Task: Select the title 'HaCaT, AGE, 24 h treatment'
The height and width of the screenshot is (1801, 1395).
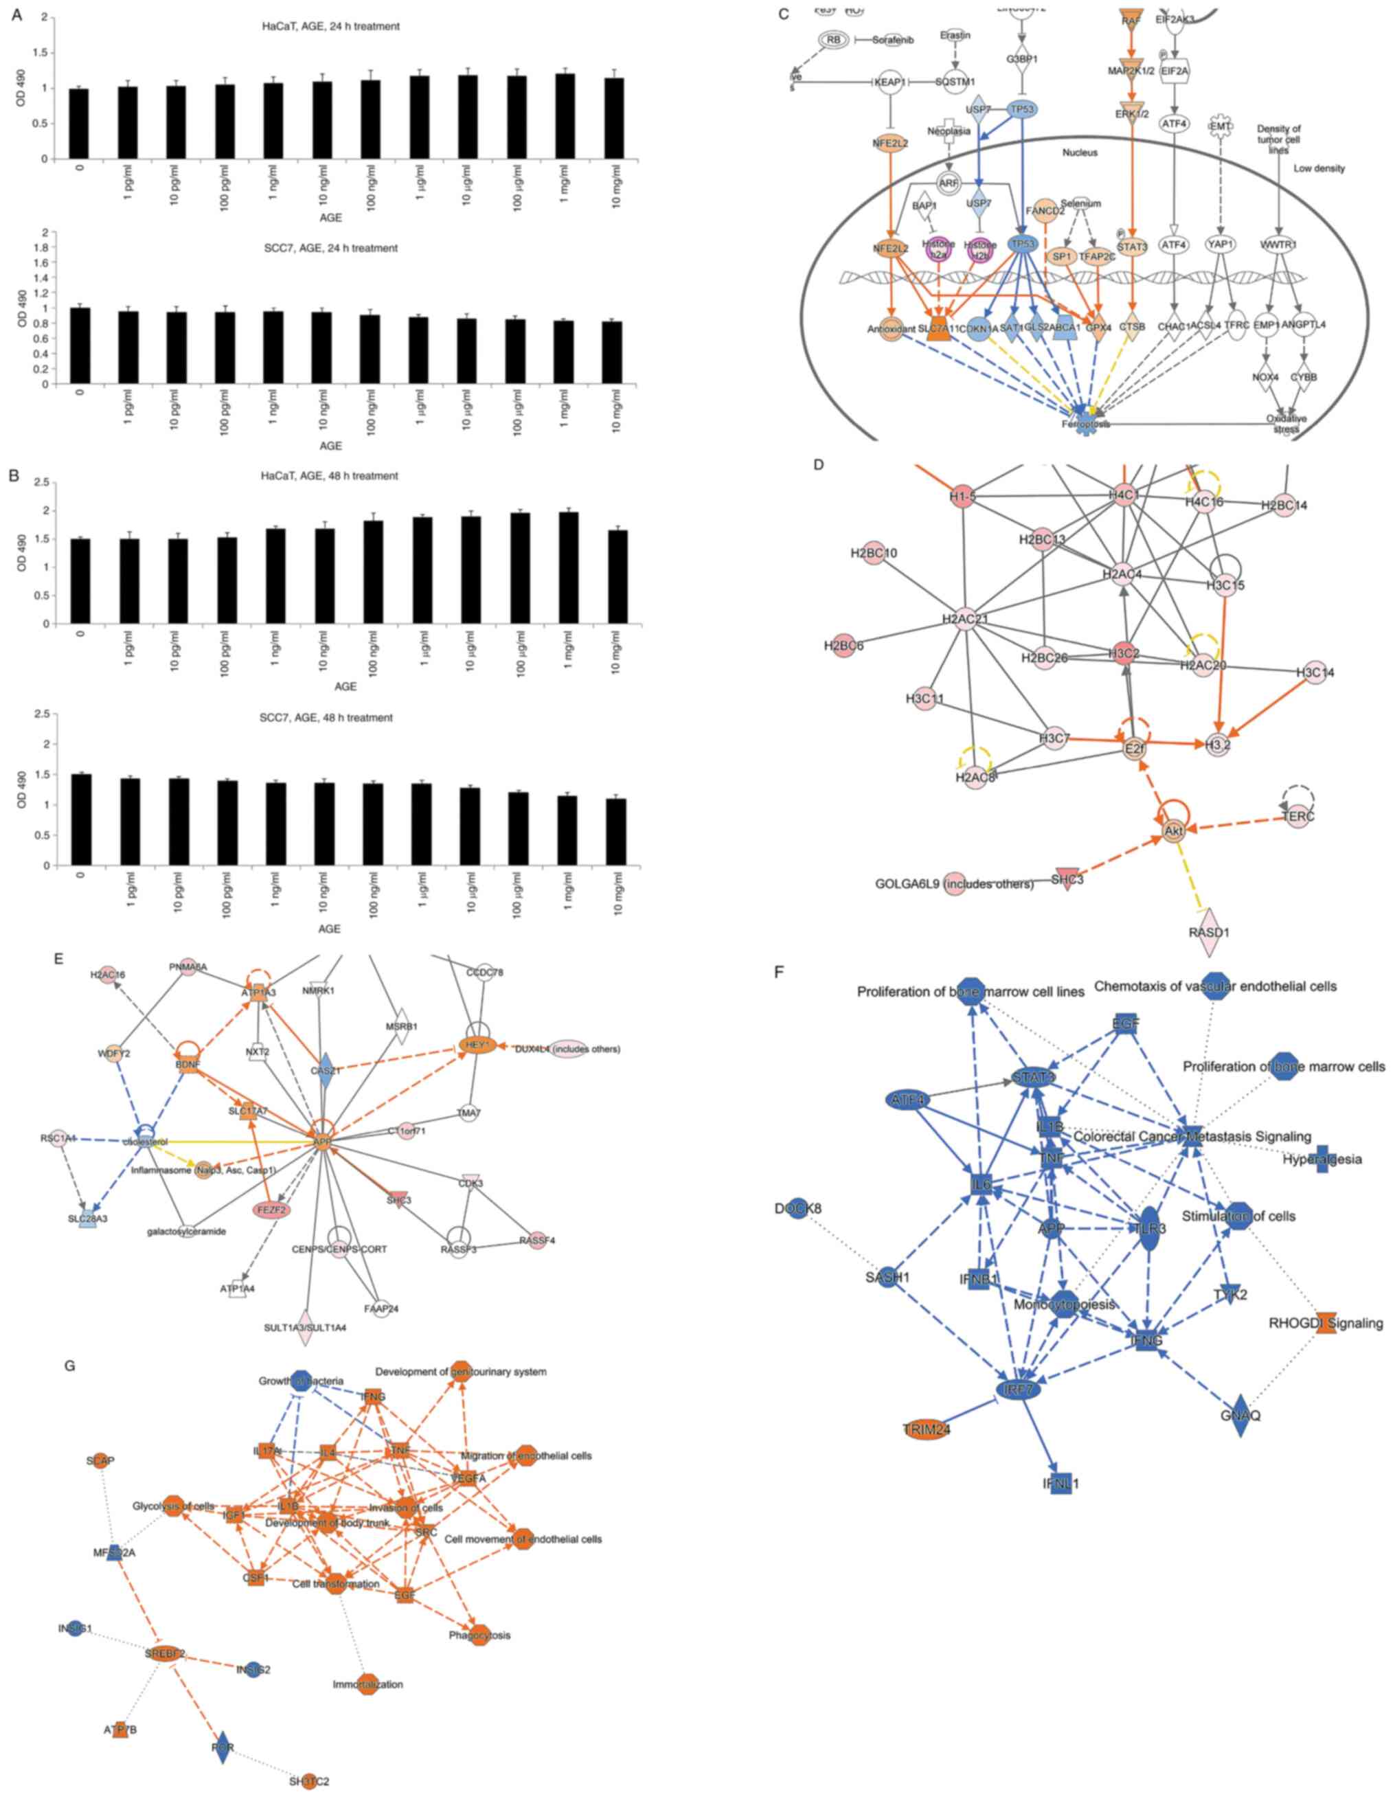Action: click(325, 26)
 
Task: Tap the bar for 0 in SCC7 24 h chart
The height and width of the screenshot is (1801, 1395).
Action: click(79, 346)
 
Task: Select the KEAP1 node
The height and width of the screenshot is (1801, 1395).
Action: click(889, 82)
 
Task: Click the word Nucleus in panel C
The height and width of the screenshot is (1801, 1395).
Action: click(1079, 152)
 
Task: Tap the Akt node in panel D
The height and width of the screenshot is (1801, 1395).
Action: click(1172, 830)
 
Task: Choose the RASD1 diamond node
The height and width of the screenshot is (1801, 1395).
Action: click(1210, 932)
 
